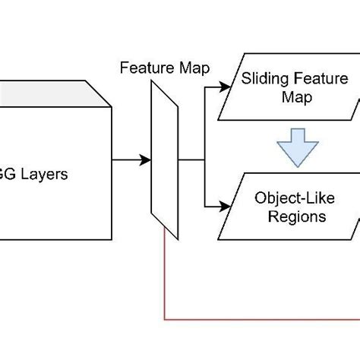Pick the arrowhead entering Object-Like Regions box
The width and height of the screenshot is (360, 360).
[x=225, y=206]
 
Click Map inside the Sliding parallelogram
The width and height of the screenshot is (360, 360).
[x=289, y=97]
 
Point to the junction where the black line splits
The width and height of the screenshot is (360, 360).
[x=204, y=160]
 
